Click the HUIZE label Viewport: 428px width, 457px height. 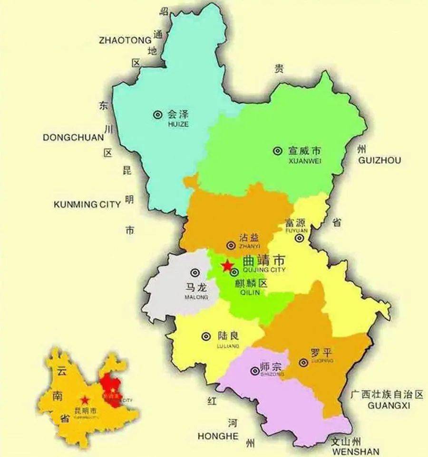(178, 124)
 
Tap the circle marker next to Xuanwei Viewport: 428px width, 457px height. (277, 151)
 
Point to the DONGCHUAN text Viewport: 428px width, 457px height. (73, 138)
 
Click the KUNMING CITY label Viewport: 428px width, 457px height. (87, 205)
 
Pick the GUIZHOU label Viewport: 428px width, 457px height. (379, 160)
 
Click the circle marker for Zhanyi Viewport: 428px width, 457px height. (231, 245)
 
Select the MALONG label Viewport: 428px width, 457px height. (196, 298)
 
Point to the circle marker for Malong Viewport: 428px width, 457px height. (195, 272)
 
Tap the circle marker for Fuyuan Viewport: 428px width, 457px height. (299, 238)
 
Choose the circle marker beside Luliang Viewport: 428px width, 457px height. (206, 336)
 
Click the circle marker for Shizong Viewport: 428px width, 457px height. (253, 370)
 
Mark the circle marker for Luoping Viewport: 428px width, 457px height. (303, 363)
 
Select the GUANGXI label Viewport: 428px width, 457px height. (389, 406)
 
